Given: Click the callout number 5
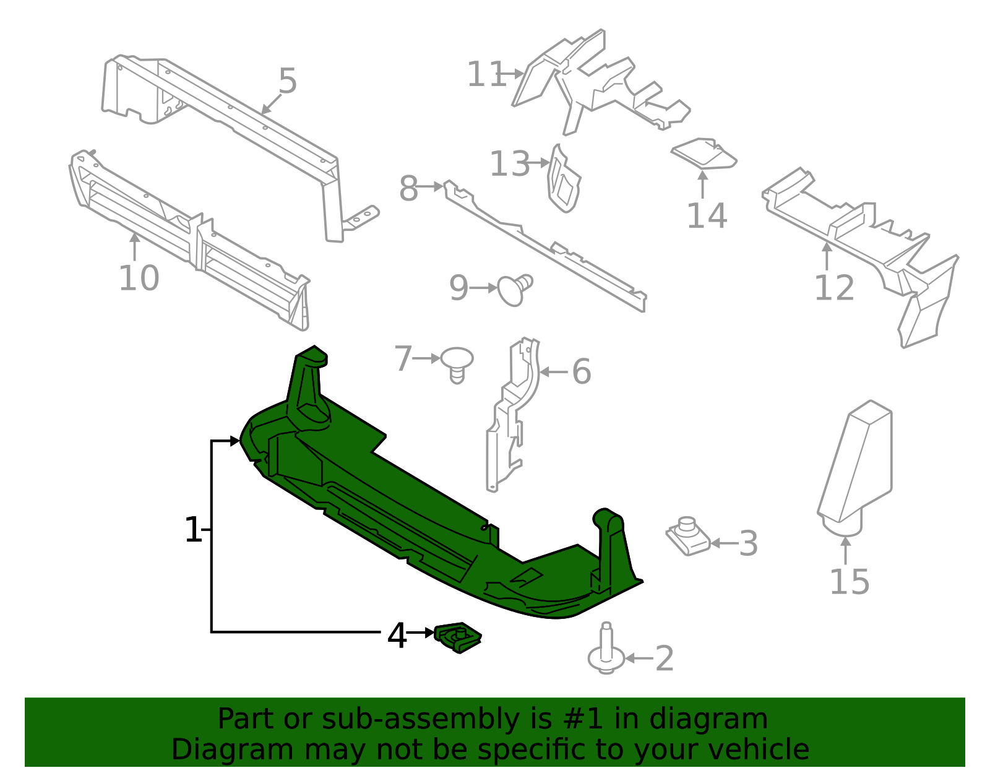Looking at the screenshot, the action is point(288,81).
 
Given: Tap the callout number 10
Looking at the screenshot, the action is point(139,278).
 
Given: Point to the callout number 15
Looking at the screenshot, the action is point(850,582).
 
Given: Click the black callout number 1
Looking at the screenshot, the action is point(193,529).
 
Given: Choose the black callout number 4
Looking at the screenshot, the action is point(397,636).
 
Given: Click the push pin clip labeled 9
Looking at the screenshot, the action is point(514,290).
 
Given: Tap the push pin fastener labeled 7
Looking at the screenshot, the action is point(457,365).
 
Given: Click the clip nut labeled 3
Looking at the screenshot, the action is point(687,536).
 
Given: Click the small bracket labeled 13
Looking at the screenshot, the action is point(564,179).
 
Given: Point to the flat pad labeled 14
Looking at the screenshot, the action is point(704,154).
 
